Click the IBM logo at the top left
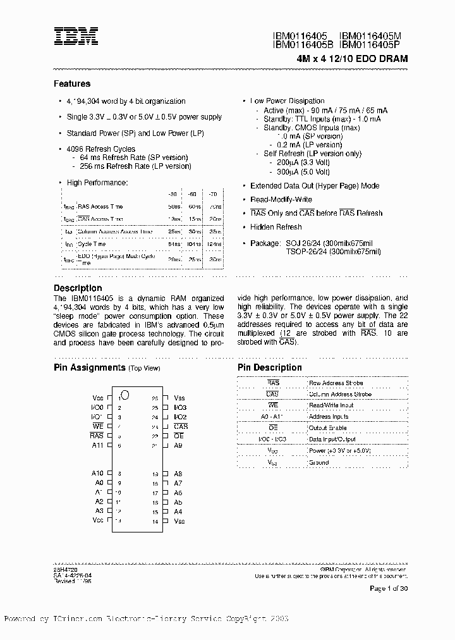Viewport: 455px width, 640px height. point(75,38)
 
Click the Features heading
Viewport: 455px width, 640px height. point(72,83)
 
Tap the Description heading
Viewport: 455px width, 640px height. point(78,288)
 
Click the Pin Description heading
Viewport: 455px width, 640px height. point(270,367)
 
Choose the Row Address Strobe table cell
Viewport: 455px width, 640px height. point(336,383)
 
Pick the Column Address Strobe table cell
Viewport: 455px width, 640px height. point(340,394)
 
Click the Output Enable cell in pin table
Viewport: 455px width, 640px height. point(327,428)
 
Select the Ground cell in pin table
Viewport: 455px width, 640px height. point(318,462)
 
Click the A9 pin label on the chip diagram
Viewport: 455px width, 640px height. point(178,445)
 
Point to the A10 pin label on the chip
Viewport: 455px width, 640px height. point(97,474)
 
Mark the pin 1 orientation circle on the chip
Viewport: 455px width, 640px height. point(125,395)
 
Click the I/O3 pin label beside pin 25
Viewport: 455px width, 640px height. point(180,408)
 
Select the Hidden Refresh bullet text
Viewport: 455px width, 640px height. point(276,227)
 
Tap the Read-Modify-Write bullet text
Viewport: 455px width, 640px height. point(281,199)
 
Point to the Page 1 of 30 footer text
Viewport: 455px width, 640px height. point(389,589)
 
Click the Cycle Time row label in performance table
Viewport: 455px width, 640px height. point(91,243)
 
